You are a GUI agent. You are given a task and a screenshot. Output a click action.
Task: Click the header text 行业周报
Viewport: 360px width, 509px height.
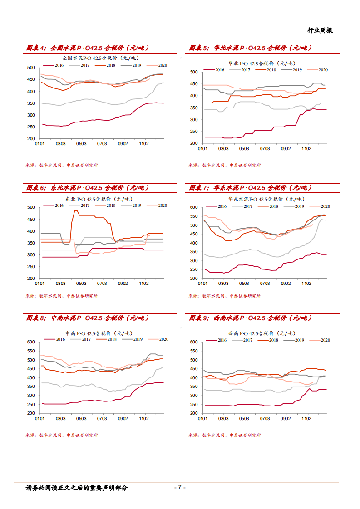click(x=320, y=30)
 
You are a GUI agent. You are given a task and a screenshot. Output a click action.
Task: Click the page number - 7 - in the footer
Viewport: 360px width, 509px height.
click(x=180, y=488)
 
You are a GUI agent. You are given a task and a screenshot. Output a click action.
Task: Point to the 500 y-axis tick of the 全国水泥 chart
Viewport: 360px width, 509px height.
click(x=31, y=68)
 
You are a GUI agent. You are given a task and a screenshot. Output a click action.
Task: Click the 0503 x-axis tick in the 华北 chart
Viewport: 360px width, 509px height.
click(x=244, y=148)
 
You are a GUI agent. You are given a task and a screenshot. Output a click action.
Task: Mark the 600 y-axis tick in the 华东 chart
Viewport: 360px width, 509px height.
click(x=193, y=207)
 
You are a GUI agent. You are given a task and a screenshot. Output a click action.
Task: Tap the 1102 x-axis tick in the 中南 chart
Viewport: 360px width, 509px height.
click(x=144, y=419)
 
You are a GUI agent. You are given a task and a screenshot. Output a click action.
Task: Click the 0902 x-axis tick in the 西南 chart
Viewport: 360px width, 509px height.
click(x=286, y=419)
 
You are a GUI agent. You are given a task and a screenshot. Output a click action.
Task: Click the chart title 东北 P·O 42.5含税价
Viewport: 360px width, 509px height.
click(x=98, y=199)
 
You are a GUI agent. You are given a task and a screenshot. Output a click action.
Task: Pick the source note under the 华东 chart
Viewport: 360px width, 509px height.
click(x=225, y=296)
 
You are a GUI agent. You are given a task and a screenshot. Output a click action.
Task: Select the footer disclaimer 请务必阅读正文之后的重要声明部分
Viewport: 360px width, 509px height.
click(x=77, y=488)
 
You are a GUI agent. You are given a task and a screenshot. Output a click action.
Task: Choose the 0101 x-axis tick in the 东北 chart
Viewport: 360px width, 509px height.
click(x=40, y=284)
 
